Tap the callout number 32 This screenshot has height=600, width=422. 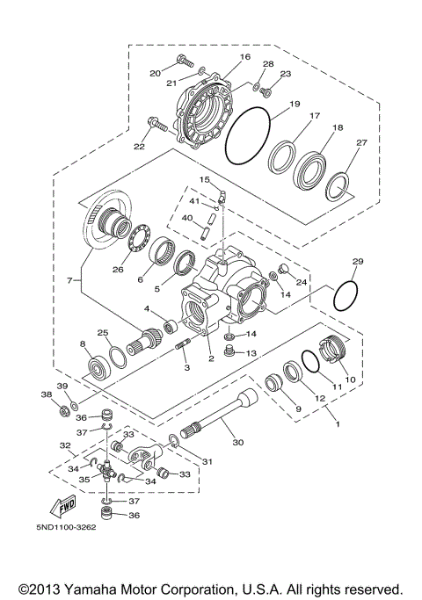tap(64, 445)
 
